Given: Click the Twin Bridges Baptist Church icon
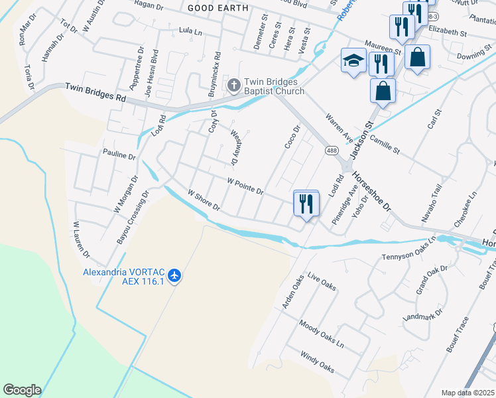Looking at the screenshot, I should pyautogui.click(x=233, y=85).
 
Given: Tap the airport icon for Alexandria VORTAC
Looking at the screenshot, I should pyautogui.click(x=174, y=274).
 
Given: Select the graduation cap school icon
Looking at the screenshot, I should pyautogui.click(x=353, y=61).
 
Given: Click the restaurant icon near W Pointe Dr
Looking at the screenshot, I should pyautogui.click(x=306, y=202).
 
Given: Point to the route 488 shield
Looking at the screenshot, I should pyautogui.click(x=332, y=151).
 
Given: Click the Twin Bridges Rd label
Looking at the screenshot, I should pyautogui.click(x=95, y=92).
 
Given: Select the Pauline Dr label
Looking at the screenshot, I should pyautogui.click(x=119, y=157).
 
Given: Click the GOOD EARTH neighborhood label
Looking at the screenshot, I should pyautogui.click(x=218, y=8).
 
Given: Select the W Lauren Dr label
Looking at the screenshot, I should pyautogui.click(x=81, y=239).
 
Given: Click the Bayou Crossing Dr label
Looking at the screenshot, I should pyautogui.click(x=133, y=216).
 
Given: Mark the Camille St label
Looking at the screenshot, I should pyautogui.click(x=385, y=143).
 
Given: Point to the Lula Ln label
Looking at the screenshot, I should pyautogui.click(x=190, y=31).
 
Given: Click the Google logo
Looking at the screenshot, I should pyautogui.click(x=22, y=390).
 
